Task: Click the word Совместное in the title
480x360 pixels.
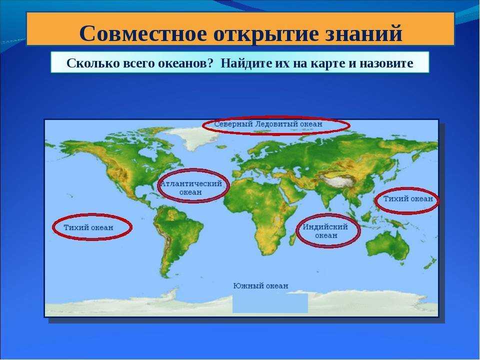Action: click(143, 33)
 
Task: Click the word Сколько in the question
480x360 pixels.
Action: click(93, 63)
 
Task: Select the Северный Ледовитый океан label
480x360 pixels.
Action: click(268, 124)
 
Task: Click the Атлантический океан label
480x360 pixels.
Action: click(190, 188)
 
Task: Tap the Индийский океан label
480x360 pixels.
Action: click(325, 231)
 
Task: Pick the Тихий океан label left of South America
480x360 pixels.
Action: click(88, 227)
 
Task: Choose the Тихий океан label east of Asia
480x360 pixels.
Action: click(408, 198)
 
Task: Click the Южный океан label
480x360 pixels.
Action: click(261, 285)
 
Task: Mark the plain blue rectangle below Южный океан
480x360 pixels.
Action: click(270, 303)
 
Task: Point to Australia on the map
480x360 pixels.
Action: click(388, 245)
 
